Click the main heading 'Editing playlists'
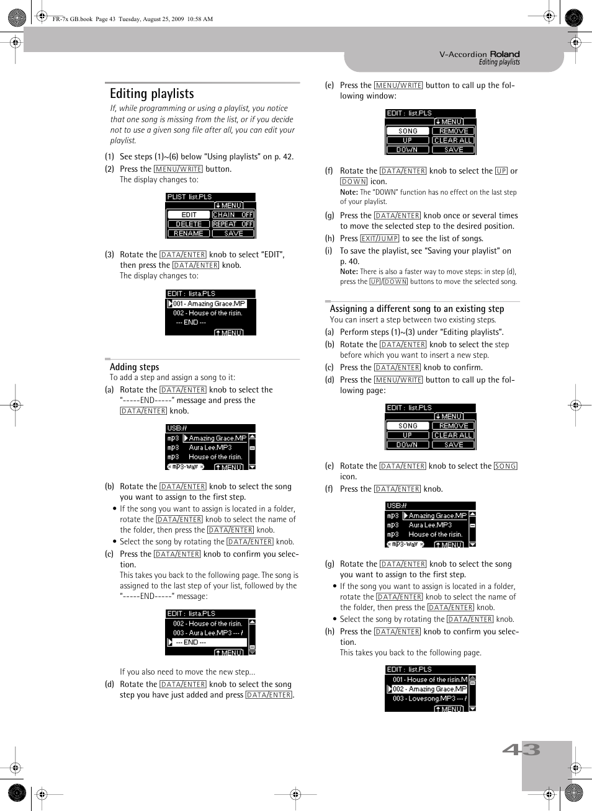(x=152, y=94)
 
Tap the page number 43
(x=521, y=750)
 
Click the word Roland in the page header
(x=505, y=54)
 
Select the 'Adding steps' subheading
(x=135, y=367)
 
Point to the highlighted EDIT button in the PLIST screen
(x=189, y=215)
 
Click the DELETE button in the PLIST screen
(x=189, y=224)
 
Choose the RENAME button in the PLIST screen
(x=189, y=233)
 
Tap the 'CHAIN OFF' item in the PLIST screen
(x=233, y=215)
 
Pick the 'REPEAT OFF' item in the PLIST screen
(x=233, y=224)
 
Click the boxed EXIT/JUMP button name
(x=379, y=239)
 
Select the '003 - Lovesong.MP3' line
(x=429, y=698)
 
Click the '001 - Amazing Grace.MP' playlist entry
(x=209, y=304)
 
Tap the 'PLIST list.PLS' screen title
(x=190, y=197)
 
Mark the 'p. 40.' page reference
(x=349, y=262)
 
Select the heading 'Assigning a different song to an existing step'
(x=417, y=309)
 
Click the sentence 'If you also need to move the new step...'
(x=187, y=671)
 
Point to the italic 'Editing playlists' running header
(x=499, y=62)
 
